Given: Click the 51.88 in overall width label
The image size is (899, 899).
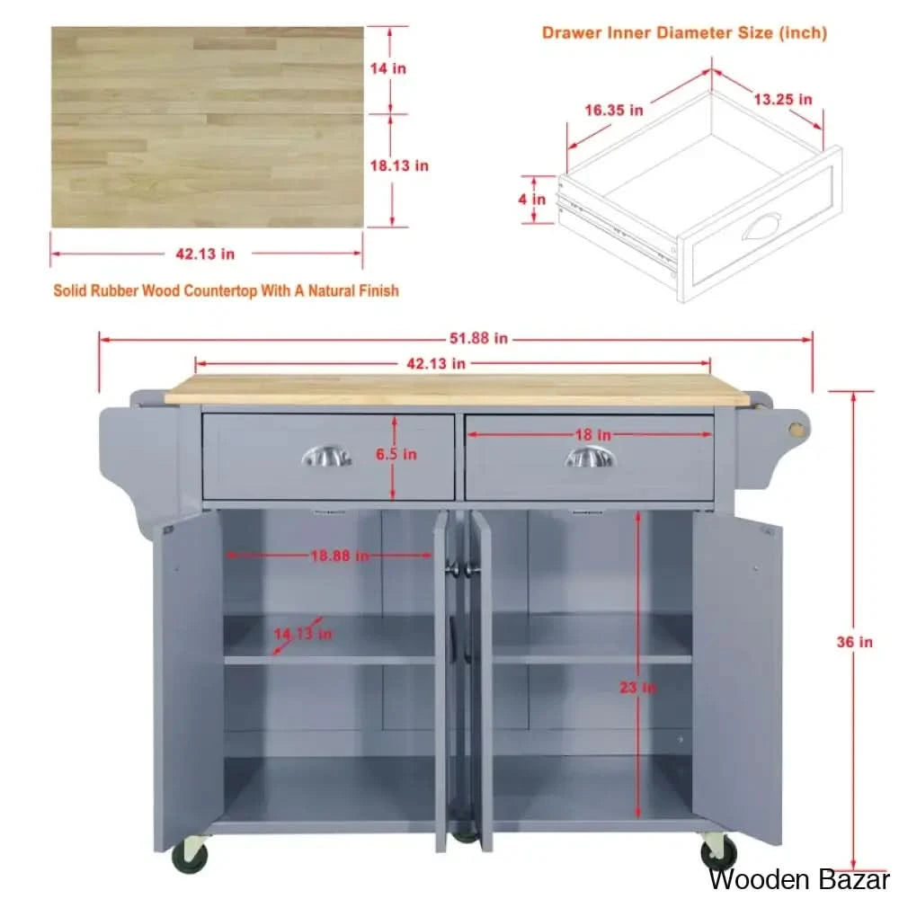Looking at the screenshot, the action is coord(478,338).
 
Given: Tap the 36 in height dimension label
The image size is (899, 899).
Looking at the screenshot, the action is coord(854,642).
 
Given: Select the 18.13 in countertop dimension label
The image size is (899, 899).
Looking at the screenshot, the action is coord(399,165).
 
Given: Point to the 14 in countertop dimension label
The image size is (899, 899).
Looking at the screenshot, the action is coord(388,68).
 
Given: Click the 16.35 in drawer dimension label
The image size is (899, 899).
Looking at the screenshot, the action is coord(614,110).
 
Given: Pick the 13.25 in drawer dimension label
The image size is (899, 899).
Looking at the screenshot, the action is coord(783,99).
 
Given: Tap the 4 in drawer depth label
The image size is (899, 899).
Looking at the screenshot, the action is coord(532,199).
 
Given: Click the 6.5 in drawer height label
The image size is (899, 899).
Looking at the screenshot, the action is coord(396,454).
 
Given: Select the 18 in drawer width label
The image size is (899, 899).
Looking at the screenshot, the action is coord(592,434).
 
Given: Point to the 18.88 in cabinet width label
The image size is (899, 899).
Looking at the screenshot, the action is coord(340,556).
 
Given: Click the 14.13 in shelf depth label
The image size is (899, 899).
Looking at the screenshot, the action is coord(303,634).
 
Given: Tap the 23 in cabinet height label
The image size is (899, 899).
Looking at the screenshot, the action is coord(637,687).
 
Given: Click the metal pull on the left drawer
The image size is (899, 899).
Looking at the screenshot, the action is coord(327,457).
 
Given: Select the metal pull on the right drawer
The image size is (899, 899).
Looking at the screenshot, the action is coord(590,458).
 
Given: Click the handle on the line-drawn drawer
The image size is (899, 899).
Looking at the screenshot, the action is coord(762,227).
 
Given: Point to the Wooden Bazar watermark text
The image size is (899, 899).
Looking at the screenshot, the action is coord(798,879).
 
